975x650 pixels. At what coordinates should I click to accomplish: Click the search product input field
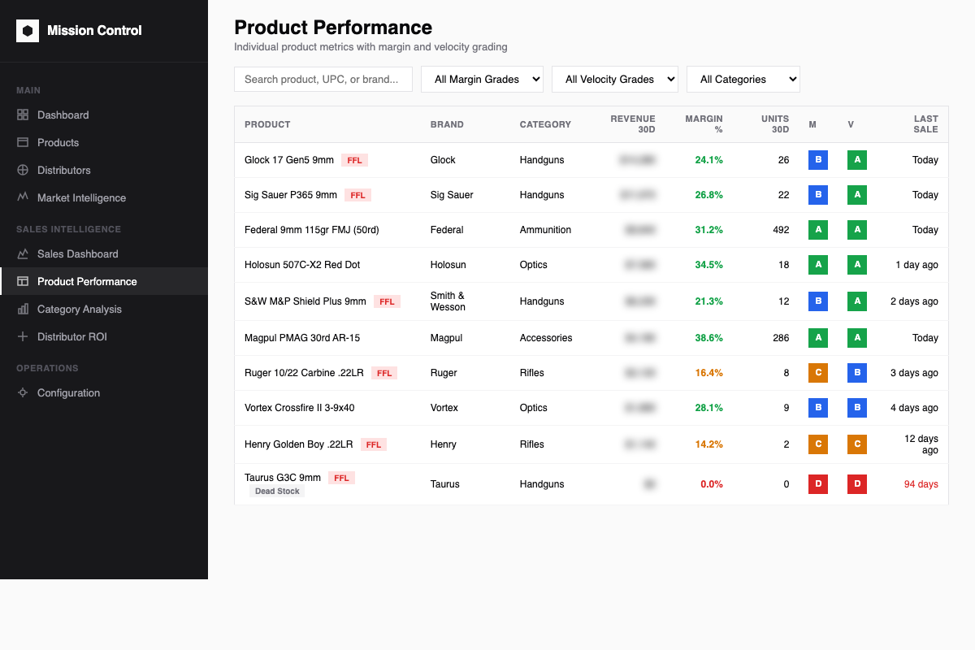(323, 79)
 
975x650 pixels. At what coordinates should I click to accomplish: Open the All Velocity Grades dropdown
(614, 79)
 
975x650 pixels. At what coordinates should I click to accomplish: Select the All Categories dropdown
(743, 79)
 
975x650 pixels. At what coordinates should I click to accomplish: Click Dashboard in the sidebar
(63, 115)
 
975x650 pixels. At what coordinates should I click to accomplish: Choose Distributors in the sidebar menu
(63, 170)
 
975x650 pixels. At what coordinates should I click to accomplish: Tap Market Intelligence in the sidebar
(81, 197)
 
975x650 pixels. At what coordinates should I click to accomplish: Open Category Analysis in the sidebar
(79, 309)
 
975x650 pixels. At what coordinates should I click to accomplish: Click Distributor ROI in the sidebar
(71, 336)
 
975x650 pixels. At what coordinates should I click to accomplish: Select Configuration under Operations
(68, 392)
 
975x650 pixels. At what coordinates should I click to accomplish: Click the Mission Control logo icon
(28, 31)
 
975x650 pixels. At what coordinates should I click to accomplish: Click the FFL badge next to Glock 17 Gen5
(354, 160)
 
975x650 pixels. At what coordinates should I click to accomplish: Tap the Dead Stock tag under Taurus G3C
(277, 492)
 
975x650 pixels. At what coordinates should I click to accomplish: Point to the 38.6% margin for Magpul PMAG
(708, 338)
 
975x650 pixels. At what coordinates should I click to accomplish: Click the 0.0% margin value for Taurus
(711, 484)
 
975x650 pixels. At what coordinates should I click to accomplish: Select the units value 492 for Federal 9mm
(780, 230)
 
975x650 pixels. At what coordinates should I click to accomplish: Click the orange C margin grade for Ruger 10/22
(817, 373)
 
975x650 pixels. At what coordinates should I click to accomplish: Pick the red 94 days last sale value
(921, 484)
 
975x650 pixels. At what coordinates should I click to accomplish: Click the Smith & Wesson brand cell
(448, 301)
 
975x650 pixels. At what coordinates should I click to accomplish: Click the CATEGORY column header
(545, 124)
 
